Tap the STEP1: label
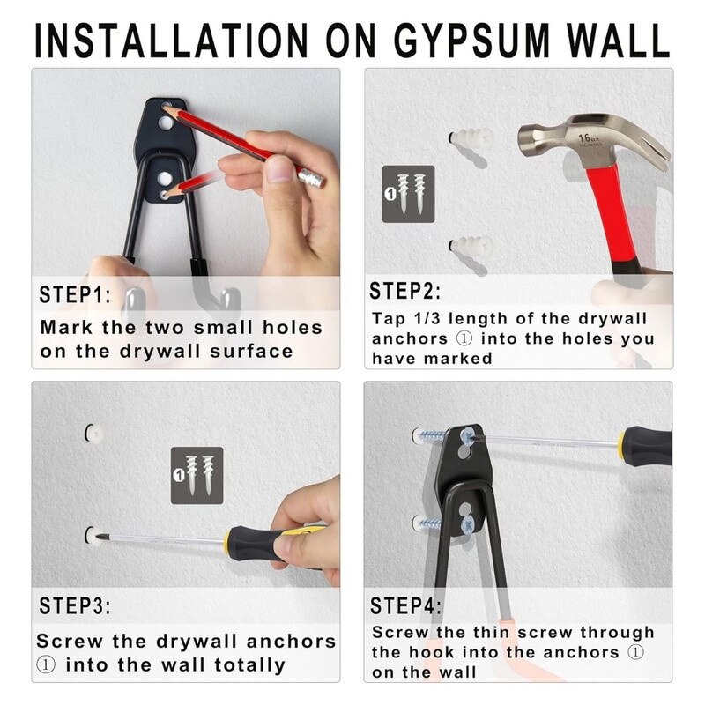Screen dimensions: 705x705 point(75,295)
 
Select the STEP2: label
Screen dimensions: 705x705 point(405,291)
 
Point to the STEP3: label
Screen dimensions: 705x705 point(75,605)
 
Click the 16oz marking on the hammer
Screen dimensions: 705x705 point(589,138)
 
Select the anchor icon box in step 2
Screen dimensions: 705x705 point(409,194)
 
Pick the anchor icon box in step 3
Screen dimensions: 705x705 point(197,475)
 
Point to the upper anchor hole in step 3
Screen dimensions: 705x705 point(93,433)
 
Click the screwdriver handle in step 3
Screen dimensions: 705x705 point(265,543)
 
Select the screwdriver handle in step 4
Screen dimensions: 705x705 point(646,446)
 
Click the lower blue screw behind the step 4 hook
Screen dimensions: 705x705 point(428,523)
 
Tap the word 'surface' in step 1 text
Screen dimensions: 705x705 point(251,351)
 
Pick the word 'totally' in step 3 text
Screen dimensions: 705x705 point(250,665)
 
